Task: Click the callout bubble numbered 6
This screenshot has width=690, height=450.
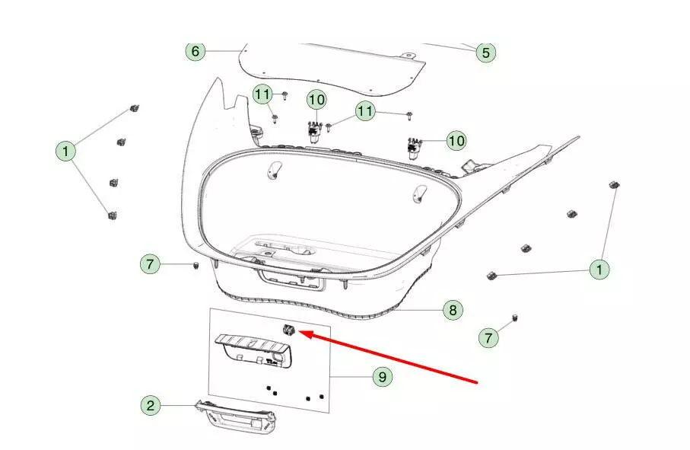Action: [196, 52]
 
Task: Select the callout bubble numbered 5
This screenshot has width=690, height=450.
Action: [486, 53]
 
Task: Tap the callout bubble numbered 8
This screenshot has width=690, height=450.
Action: [453, 311]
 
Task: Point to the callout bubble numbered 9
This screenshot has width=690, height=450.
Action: [382, 377]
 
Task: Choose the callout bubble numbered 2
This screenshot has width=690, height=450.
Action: [151, 406]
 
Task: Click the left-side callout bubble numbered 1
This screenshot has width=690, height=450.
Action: [65, 152]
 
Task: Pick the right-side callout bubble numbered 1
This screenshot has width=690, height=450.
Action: [599, 269]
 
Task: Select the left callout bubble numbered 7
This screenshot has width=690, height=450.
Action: [150, 264]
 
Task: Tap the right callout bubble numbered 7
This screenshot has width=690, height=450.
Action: [488, 338]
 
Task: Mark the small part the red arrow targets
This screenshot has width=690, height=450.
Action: [288, 329]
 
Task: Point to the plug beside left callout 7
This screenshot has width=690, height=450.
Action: [196, 266]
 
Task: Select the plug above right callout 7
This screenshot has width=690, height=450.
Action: [515, 318]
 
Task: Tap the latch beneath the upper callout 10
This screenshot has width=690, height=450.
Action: [313, 132]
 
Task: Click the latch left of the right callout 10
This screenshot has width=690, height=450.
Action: [414, 148]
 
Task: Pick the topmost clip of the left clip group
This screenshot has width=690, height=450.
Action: [134, 108]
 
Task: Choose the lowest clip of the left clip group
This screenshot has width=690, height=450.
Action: [113, 215]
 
